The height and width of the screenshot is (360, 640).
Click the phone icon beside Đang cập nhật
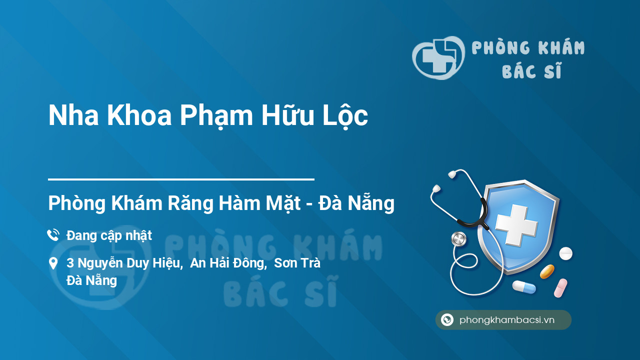tap(53, 235)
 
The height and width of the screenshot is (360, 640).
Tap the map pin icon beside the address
tap(53, 263)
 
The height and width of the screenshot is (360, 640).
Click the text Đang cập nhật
tap(109, 235)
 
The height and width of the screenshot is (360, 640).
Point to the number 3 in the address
tap(70, 263)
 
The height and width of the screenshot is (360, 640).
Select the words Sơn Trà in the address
tap(297, 263)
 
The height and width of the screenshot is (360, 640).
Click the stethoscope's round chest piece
tap(458, 239)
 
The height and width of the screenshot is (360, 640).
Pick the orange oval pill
tap(547, 271)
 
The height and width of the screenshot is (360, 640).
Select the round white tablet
tap(565, 253)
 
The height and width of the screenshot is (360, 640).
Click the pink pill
tap(560, 288)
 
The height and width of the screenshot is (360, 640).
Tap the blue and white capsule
tap(523, 287)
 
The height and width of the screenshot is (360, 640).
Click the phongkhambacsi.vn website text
tap(507, 320)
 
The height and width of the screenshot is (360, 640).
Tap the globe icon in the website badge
tap(447, 320)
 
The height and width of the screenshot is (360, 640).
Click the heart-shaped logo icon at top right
tap(438, 58)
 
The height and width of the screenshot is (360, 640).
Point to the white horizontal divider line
tap(181, 179)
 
